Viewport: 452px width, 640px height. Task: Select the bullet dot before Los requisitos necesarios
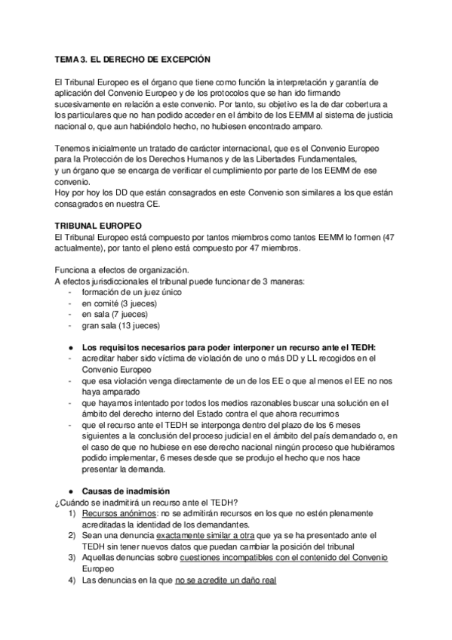pos(69,347)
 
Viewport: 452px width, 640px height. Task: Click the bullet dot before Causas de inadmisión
pos(69,491)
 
